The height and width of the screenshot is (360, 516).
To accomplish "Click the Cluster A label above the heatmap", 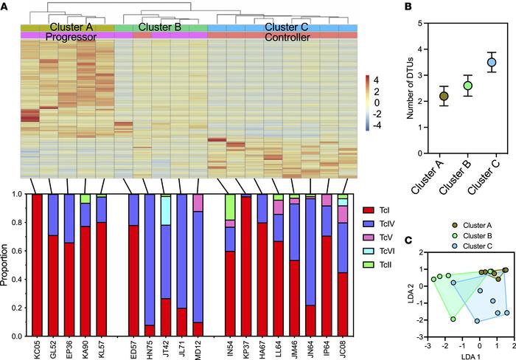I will [66, 27].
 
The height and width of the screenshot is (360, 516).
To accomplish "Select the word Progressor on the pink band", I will [66, 35].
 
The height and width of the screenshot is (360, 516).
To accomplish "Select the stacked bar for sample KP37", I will [247, 266].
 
